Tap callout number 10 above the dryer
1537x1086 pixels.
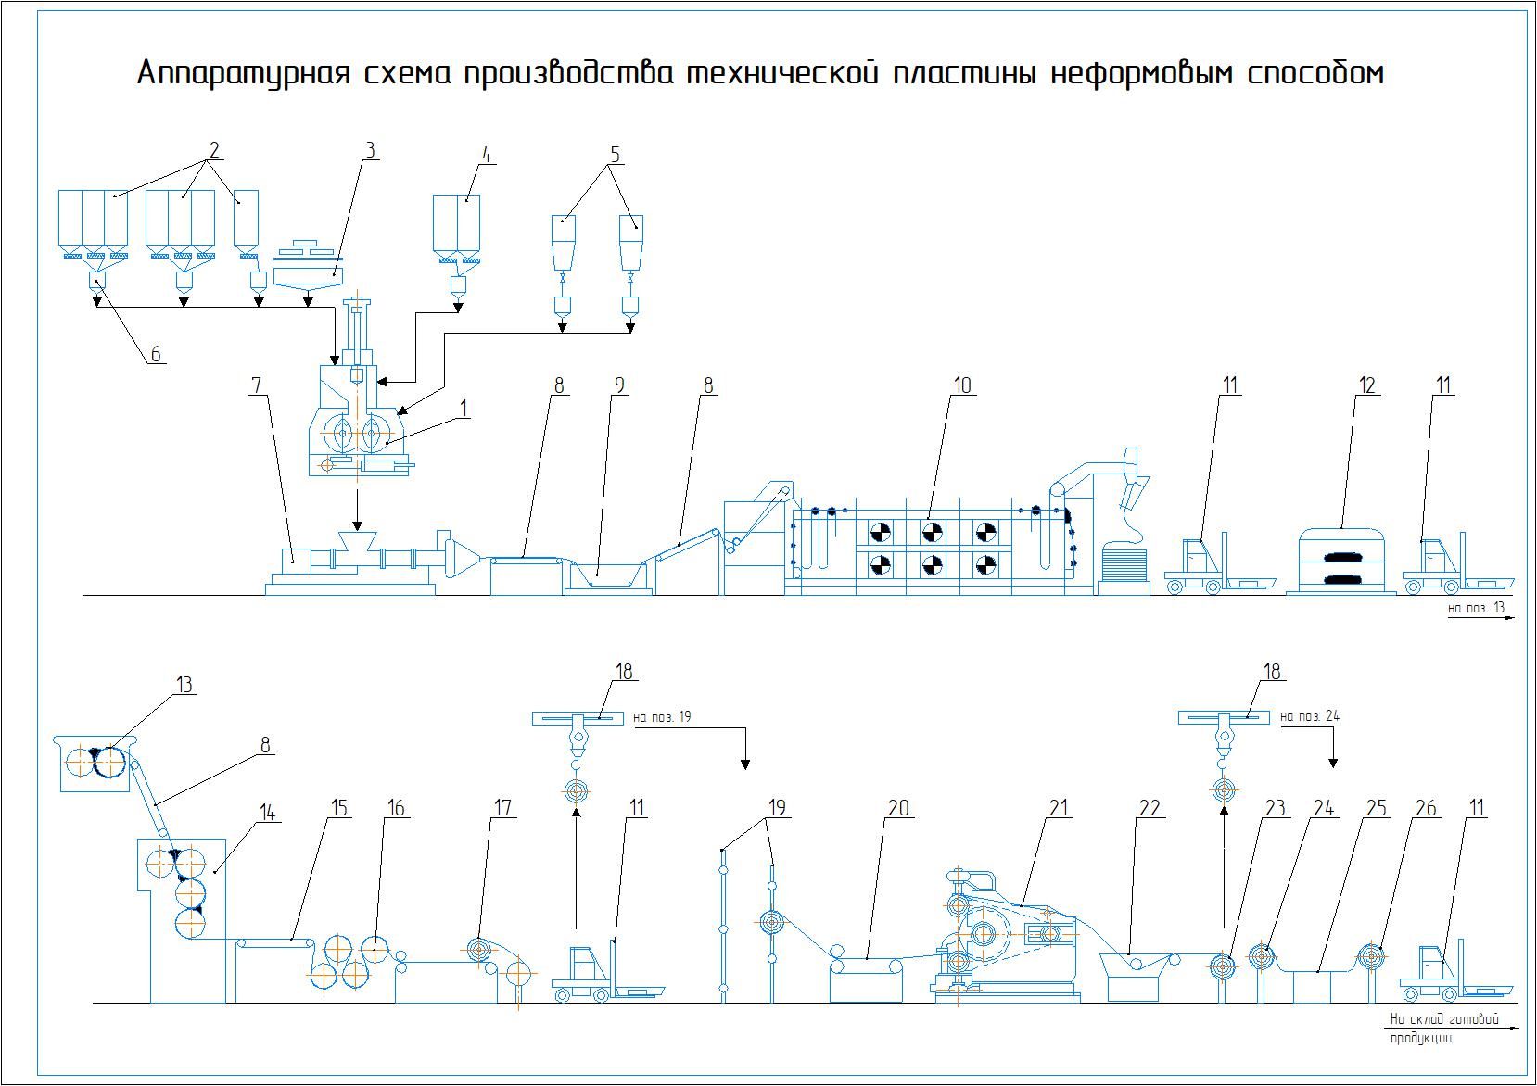click(x=963, y=385)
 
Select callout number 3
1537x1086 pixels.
click(x=369, y=150)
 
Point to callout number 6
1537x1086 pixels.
click(x=154, y=353)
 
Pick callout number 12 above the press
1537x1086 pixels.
click(x=1367, y=385)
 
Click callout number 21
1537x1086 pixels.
click(x=1060, y=808)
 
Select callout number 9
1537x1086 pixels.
click(x=619, y=385)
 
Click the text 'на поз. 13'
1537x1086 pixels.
click(x=1476, y=608)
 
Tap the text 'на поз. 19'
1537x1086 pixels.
click(x=662, y=716)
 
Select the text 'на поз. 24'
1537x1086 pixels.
click(x=1310, y=716)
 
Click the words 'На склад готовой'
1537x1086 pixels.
click(x=1443, y=1020)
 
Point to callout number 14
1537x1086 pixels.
click(x=267, y=813)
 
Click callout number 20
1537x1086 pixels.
click(x=898, y=808)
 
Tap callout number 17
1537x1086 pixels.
click(x=502, y=808)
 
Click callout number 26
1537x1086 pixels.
click(x=1426, y=808)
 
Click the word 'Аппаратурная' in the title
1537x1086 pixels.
click(x=244, y=73)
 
